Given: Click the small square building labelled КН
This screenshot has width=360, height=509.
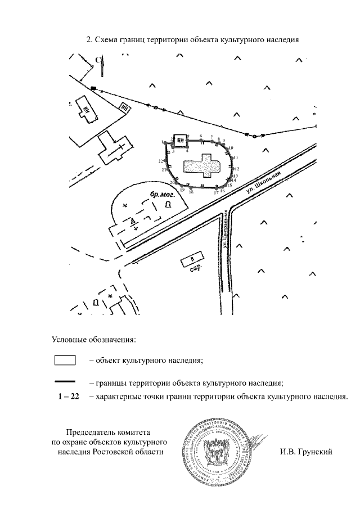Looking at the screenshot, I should (180, 141).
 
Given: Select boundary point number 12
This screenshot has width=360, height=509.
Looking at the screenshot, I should (233, 168).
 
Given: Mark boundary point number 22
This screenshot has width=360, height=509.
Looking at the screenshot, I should (164, 161).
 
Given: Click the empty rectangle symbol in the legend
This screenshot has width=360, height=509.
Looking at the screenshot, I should (65, 360).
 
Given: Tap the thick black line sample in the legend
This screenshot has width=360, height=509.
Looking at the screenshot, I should (65, 382).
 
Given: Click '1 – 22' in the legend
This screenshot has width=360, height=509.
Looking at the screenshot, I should (68, 397).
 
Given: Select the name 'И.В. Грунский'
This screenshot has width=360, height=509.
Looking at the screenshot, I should (305, 452).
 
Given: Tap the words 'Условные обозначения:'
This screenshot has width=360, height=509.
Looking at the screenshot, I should (94, 339).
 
